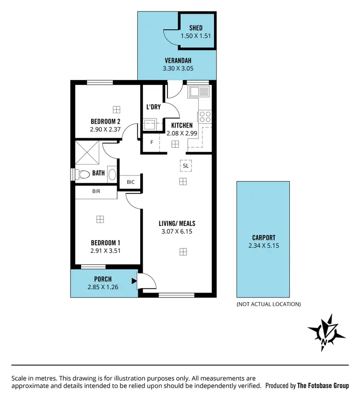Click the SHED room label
pyautogui.click(x=196, y=28)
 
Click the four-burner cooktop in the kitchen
pyautogui.click(x=204, y=117)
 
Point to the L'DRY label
pyautogui.click(x=154, y=107)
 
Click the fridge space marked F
pyautogui.click(x=152, y=142)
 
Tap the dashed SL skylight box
pyautogui.click(x=185, y=165)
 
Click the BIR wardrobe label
pyautogui.click(x=96, y=191)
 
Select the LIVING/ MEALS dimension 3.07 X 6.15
pyautogui.click(x=178, y=231)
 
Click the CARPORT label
pyautogui.click(x=264, y=237)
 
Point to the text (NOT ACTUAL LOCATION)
pyautogui.click(x=268, y=304)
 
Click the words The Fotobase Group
pyautogui.click(x=323, y=385)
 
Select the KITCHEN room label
pyautogui.click(x=182, y=125)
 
